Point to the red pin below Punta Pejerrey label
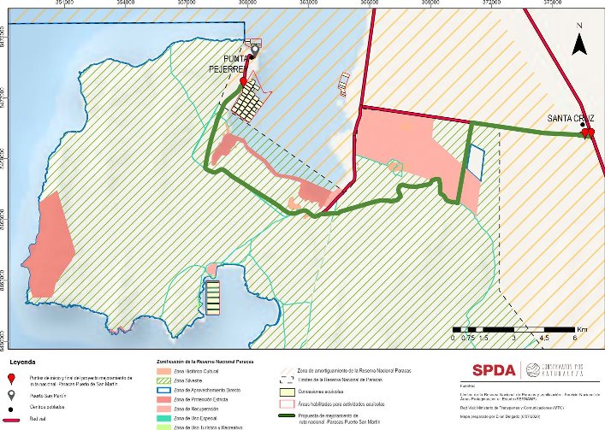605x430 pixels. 243,82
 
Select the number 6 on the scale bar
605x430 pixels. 576,338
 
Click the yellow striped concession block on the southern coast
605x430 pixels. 211,296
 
